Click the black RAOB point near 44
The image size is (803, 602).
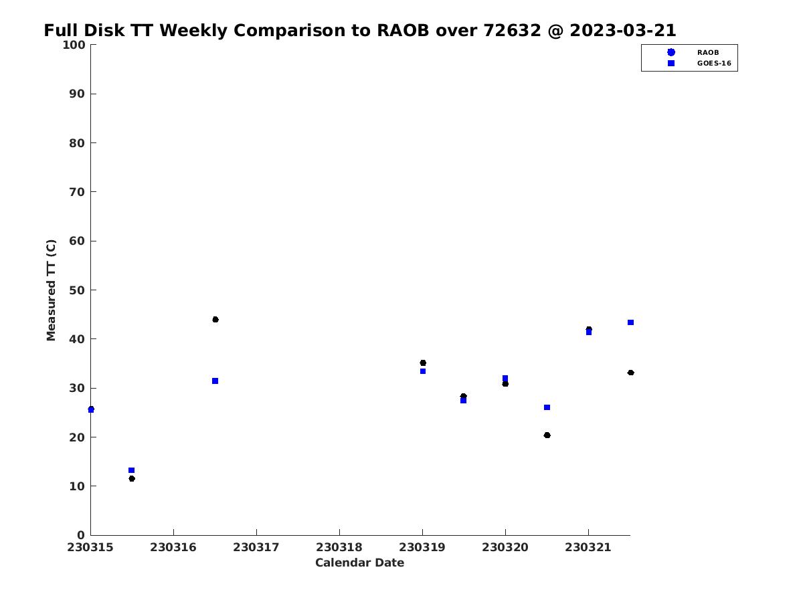tap(215, 320)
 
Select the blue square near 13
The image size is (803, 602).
tap(131, 470)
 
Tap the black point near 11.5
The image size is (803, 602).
tap(132, 478)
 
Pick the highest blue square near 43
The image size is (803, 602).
tap(630, 322)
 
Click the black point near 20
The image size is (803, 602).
tap(547, 435)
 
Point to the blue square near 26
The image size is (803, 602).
tap(547, 407)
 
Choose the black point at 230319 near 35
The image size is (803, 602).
tap(423, 363)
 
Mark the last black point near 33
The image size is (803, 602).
tap(630, 373)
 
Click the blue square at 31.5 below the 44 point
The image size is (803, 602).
tap(215, 381)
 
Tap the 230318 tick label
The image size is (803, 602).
tap(339, 547)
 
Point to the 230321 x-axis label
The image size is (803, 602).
tap(588, 547)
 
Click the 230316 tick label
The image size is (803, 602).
tap(173, 547)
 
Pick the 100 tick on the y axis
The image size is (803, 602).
tap(74, 45)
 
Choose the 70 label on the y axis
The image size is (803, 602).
tap(77, 191)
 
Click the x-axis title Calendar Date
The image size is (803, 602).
tap(359, 563)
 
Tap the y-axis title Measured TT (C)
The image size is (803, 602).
tap(51, 290)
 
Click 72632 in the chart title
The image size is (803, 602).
tap(512, 30)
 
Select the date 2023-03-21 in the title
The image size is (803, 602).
tap(622, 30)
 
